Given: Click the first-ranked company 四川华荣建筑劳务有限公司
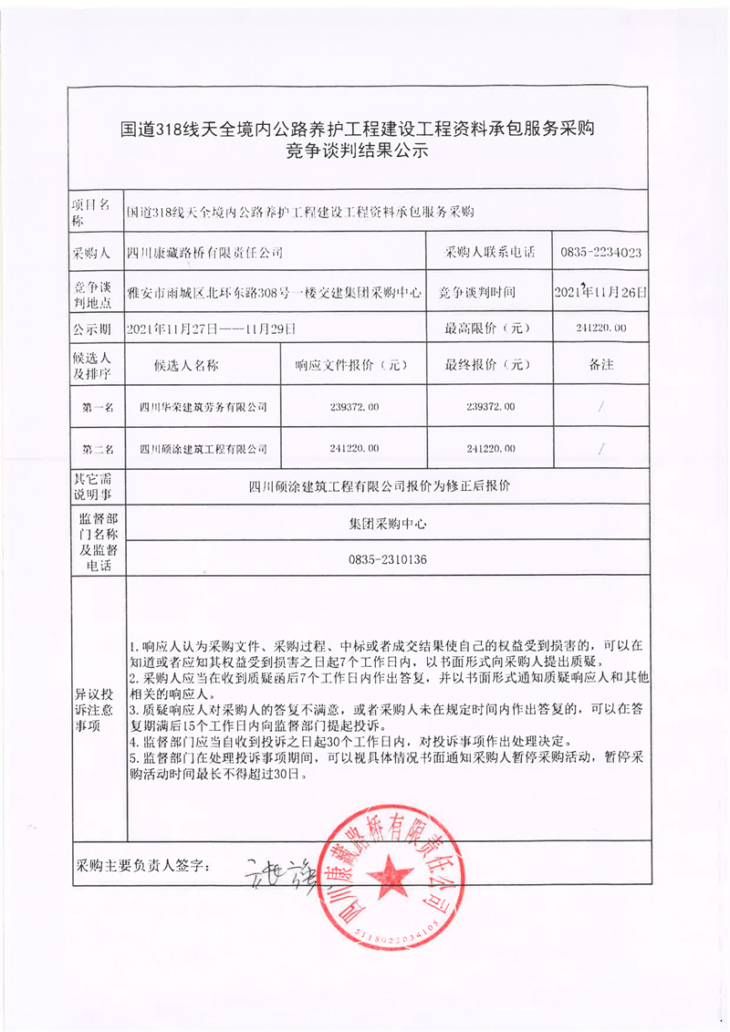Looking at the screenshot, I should pyautogui.click(x=203, y=406).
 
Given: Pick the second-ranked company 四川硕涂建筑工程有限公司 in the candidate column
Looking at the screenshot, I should pyautogui.click(x=203, y=448).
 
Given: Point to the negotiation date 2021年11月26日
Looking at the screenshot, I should pyautogui.click(x=600, y=292).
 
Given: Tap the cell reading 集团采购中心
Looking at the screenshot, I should pyautogui.click(x=388, y=525).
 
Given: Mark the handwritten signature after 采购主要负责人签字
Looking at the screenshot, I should pyautogui.click(x=274, y=869).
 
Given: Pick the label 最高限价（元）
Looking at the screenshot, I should pyautogui.click(x=485, y=328).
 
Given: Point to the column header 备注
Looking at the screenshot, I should pyautogui.click(x=601, y=365).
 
